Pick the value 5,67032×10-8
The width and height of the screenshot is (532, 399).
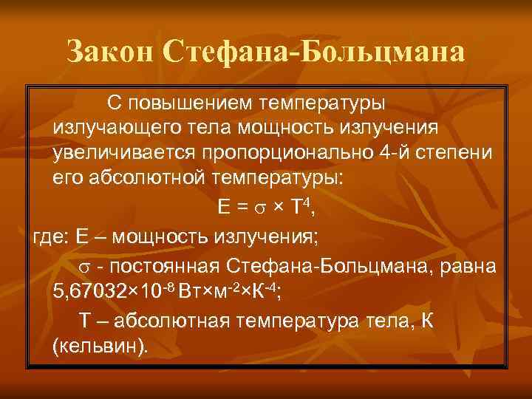tap(113, 288)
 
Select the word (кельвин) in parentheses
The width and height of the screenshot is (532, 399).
tap(100, 346)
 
